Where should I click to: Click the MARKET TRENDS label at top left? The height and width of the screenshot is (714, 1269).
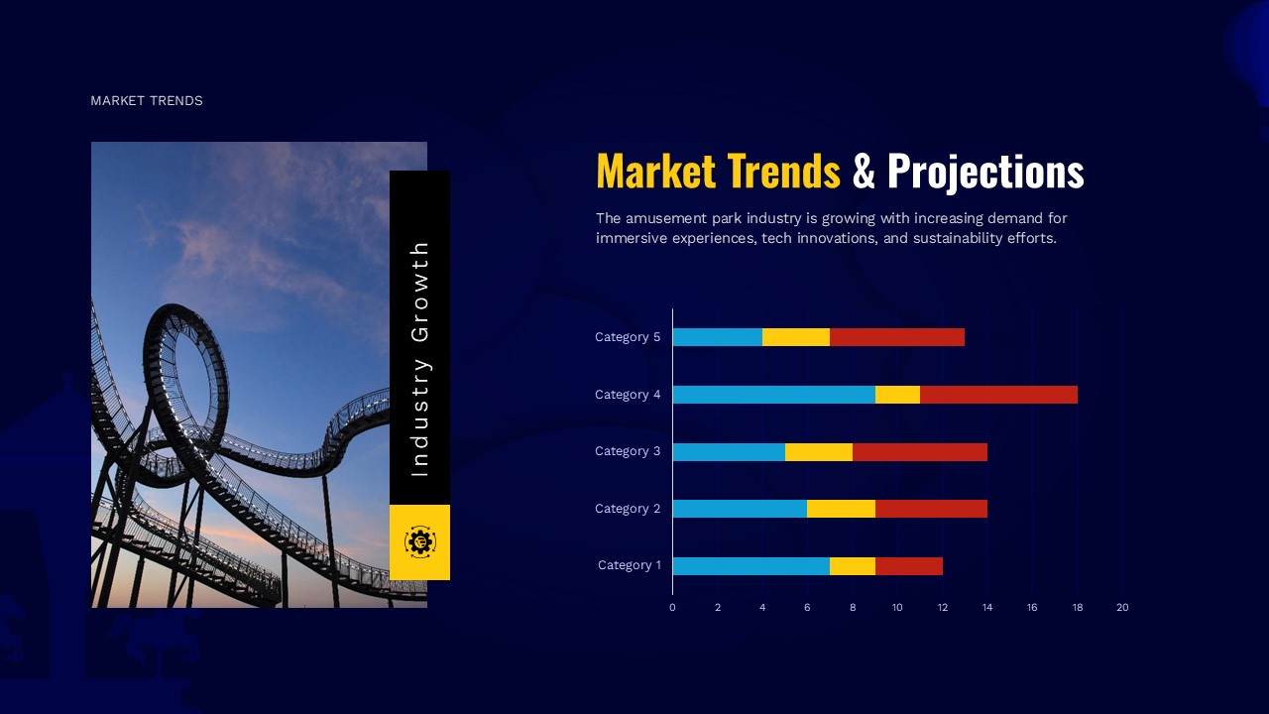tap(147, 101)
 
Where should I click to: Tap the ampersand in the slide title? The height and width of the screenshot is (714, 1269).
tap(864, 172)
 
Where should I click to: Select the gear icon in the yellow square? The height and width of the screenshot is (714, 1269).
tap(419, 541)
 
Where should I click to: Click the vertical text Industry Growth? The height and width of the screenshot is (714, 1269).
tap(419, 359)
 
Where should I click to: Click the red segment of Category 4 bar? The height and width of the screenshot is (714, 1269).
tap(998, 395)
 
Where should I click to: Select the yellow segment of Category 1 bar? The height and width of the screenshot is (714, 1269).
tap(852, 566)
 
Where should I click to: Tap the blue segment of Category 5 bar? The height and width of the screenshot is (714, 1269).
tap(717, 337)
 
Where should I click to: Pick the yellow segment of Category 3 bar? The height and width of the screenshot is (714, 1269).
tap(818, 452)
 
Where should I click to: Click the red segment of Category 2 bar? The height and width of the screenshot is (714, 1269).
tap(931, 509)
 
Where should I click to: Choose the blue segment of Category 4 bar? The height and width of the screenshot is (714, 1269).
tap(773, 395)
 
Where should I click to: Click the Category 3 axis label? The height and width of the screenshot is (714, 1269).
tap(628, 451)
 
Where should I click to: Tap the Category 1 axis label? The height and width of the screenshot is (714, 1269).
tap(629, 565)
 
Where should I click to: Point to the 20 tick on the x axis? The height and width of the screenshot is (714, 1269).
tap(1122, 607)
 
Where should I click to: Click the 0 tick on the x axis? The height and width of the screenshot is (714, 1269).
tap(672, 607)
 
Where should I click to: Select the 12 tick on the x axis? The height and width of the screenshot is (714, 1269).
tap(942, 607)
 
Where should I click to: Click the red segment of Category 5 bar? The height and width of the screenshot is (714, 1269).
tap(896, 337)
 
